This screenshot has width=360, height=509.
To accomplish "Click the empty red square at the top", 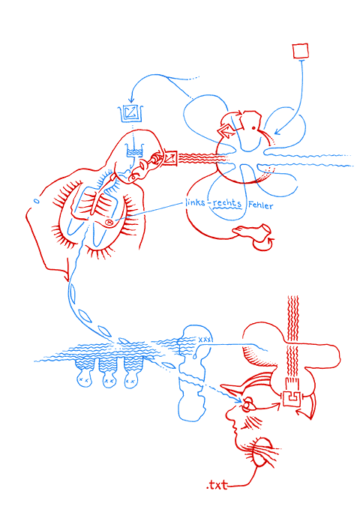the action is pyautogui.click(x=300, y=51).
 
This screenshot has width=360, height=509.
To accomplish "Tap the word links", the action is pyautogui.click(x=195, y=202).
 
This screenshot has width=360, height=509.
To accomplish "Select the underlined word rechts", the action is pyautogui.click(x=227, y=203).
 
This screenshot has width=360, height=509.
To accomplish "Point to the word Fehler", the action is pyautogui.click(x=260, y=205).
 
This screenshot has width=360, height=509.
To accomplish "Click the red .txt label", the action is pyautogui.click(x=217, y=485).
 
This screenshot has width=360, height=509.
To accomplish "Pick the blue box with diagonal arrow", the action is pyautogui.click(x=131, y=113).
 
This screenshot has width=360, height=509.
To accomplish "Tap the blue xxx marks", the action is pyautogui.click(x=205, y=340).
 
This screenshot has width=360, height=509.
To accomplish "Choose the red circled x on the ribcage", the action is pyautogui.click(x=109, y=223).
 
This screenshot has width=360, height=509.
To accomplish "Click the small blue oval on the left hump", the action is pyautogui.click(x=37, y=201).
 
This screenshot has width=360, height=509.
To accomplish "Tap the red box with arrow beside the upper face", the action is pyautogui.click(x=170, y=157).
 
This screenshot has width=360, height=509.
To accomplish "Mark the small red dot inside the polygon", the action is pyautogui.click(x=253, y=128).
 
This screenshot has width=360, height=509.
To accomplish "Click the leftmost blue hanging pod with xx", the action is pyautogui.click(x=83, y=373).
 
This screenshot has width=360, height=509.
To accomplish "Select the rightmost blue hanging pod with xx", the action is pyautogui.click(x=132, y=373).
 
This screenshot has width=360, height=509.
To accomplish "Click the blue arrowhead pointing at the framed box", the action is pyautogui.click(x=131, y=100).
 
